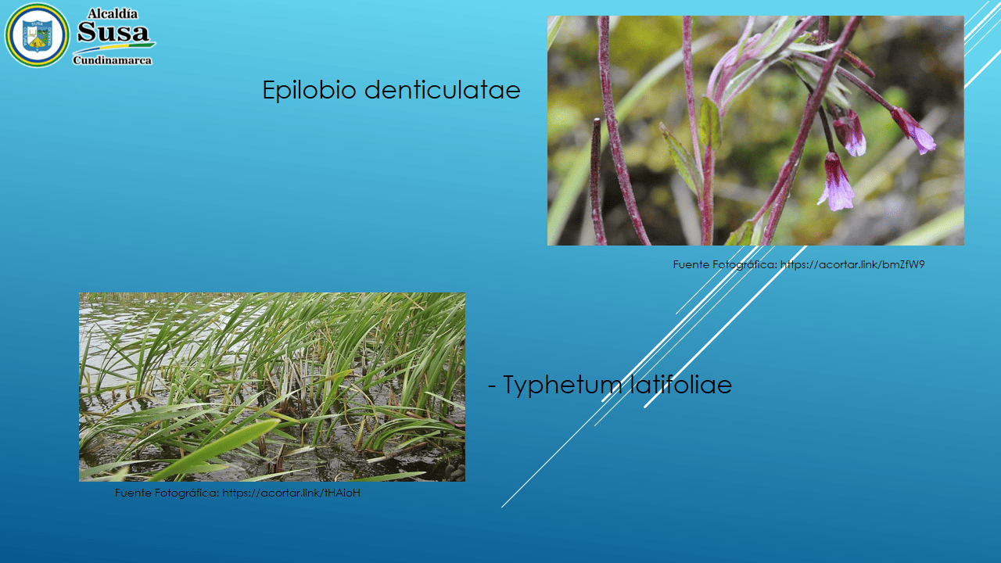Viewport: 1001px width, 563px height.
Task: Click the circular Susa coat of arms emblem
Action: pos(37,35)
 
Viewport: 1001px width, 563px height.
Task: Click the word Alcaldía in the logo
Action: pos(112,14)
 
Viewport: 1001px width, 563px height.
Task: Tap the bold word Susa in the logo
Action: pos(113,32)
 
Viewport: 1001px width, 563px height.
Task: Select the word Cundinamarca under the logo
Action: pos(112,60)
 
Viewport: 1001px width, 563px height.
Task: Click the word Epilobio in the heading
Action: pos(309,90)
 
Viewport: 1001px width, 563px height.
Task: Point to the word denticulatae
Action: pos(443,90)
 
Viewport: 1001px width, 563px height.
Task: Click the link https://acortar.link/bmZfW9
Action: pos(852,264)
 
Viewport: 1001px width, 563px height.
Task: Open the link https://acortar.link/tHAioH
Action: pos(291,493)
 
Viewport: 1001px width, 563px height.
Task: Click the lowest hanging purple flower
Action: pos(837,182)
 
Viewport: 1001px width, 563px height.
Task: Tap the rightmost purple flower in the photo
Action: pos(914,131)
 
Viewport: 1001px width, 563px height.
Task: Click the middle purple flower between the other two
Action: pos(850,133)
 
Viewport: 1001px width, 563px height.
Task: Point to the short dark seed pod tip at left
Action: pos(596,121)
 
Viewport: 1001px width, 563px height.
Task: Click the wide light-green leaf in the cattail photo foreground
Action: pos(219,449)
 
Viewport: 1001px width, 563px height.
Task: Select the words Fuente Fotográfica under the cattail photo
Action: pos(167,493)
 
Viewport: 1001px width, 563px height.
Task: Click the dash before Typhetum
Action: pos(492,386)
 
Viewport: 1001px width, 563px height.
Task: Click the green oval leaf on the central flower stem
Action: pos(710,122)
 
